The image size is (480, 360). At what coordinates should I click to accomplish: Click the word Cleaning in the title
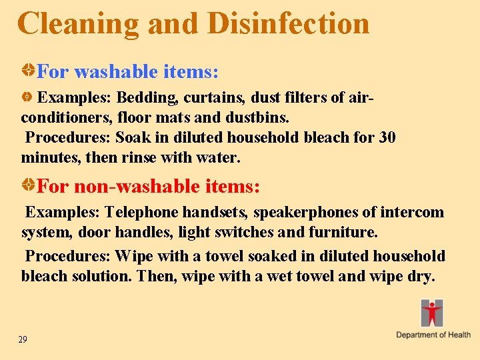click(x=79, y=23)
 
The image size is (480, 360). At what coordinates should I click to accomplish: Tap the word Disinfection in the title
click(x=288, y=23)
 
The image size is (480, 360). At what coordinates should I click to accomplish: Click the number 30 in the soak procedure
click(x=387, y=138)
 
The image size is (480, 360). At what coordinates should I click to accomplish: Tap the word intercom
click(x=413, y=213)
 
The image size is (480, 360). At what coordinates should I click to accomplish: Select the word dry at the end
click(x=419, y=276)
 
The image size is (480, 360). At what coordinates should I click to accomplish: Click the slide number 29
click(x=23, y=340)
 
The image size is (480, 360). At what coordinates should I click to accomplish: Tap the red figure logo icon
click(x=432, y=313)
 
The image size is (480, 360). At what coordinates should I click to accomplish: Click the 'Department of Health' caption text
click(x=433, y=335)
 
